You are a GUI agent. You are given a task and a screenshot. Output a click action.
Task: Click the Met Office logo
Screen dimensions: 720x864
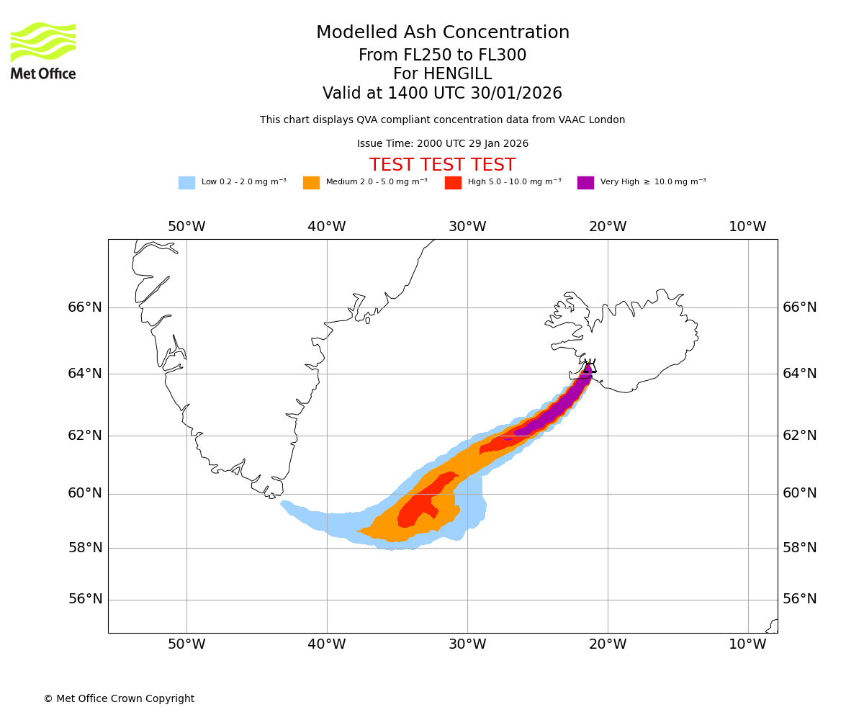pyautogui.click(x=43, y=50)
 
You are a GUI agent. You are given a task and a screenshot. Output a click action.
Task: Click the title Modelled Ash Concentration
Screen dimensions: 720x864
pyautogui.click(x=443, y=33)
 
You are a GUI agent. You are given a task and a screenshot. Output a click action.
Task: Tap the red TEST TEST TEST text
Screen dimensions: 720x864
pyautogui.click(x=442, y=166)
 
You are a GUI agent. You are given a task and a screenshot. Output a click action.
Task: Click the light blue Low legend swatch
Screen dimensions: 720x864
pyautogui.click(x=186, y=183)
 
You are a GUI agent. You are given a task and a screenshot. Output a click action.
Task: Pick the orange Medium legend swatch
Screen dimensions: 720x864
pyautogui.click(x=311, y=183)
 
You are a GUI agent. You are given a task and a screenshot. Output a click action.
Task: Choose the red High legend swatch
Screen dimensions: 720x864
pyautogui.click(x=453, y=183)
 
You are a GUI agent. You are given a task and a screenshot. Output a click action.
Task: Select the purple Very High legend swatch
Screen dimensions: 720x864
pyautogui.click(x=585, y=183)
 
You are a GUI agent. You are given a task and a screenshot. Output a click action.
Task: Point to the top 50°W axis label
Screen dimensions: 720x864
pyautogui.click(x=186, y=227)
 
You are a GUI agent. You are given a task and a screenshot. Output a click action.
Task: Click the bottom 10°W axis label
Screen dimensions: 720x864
pyautogui.click(x=747, y=644)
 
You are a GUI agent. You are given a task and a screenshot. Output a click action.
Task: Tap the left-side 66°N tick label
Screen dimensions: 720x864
pyautogui.click(x=85, y=307)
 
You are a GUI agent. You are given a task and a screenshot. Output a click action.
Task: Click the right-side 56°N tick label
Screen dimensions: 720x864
pyautogui.click(x=800, y=599)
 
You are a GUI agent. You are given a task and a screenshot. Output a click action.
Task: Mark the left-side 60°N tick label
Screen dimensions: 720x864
pyautogui.click(x=85, y=493)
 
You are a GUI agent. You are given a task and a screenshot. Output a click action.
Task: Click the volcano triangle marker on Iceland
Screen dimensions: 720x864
pyautogui.click(x=590, y=366)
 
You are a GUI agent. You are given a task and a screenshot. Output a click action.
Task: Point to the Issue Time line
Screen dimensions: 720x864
pyautogui.click(x=442, y=144)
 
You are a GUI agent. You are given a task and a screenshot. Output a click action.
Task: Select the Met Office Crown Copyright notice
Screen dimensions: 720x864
pyautogui.click(x=119, y=699)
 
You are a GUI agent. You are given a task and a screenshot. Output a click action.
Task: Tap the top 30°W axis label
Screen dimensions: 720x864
pyautogui.click(x=467, y=227)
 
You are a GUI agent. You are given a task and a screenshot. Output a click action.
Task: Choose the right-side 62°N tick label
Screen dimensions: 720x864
pyautogui.click(x=800, y=435)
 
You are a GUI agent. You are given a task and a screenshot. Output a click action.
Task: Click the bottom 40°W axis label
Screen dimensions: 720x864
pyautogui.click(x=327, y=644)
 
